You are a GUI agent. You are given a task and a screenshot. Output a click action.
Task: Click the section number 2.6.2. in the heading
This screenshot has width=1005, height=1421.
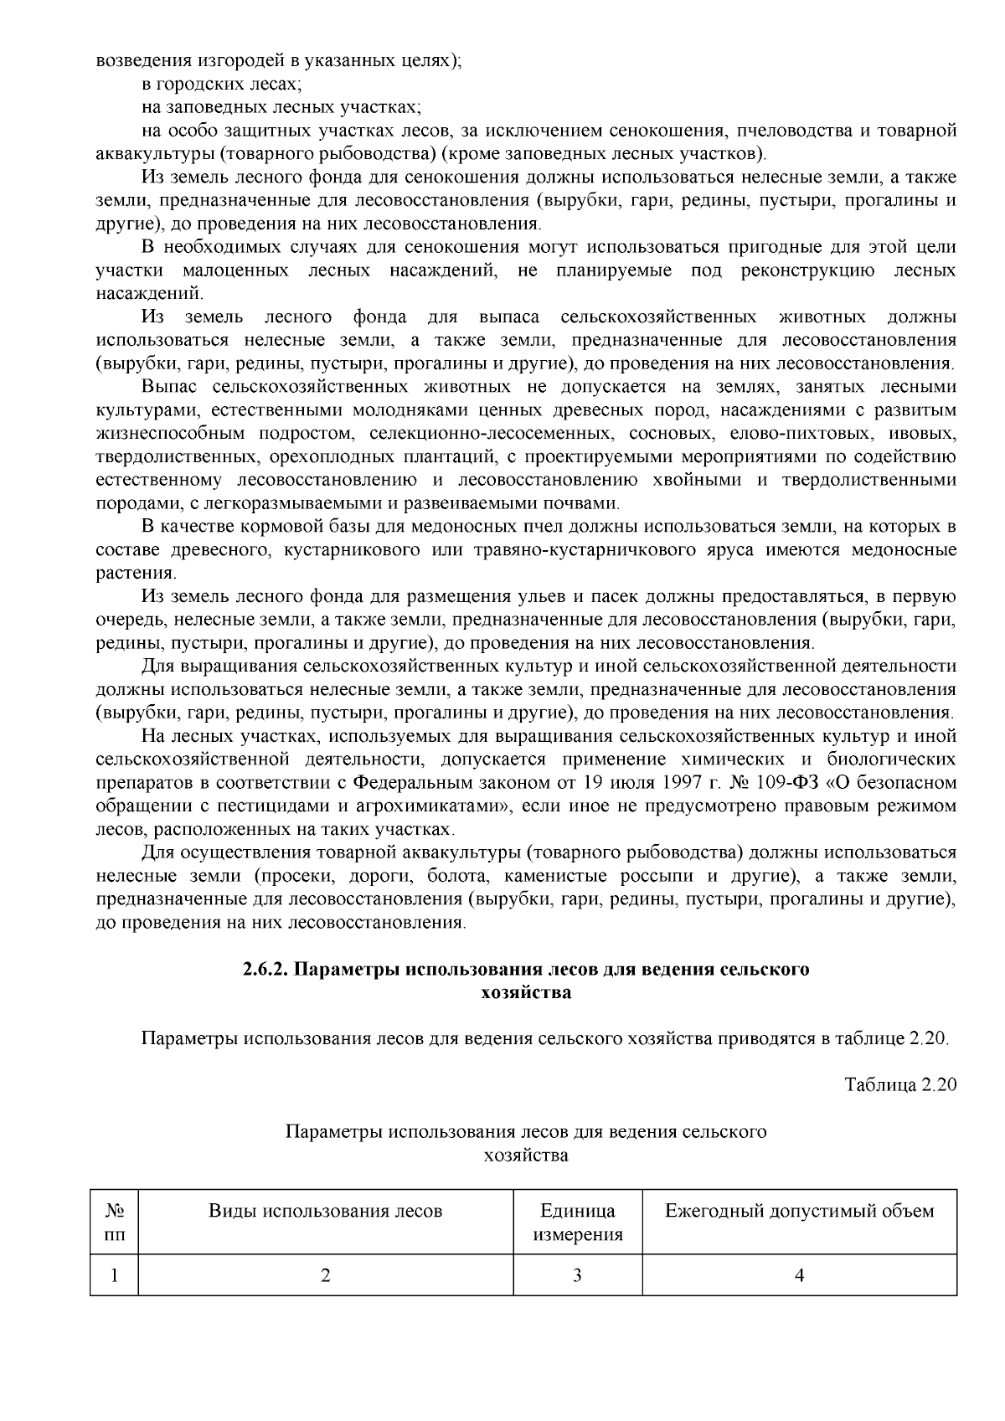(266, 970)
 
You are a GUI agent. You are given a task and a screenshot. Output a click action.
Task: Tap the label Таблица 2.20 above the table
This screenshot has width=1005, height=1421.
(900, 1084)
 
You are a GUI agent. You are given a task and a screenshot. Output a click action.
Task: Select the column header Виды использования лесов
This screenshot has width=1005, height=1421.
(325, 1211)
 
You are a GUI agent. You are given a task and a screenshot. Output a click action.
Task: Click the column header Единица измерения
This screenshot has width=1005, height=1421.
(578, 1223)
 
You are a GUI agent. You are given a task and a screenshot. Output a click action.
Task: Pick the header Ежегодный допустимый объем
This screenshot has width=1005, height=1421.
(799, 1211)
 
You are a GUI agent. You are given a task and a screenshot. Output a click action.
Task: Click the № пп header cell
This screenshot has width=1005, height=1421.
(115, 1223)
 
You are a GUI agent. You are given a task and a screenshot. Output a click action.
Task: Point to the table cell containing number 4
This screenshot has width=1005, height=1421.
(799, 1275)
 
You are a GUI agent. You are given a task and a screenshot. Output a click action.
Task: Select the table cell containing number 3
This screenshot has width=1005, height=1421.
(578, 1275)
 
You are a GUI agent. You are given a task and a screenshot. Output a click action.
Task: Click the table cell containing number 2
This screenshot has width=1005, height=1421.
(325, 1275)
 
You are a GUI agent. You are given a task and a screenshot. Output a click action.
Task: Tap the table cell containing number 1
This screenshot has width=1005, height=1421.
(115, 1275)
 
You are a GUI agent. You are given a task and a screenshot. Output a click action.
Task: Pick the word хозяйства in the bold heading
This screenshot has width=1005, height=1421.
(527, 993)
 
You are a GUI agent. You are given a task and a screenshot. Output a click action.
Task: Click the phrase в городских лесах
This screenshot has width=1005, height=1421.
(222, 85)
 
